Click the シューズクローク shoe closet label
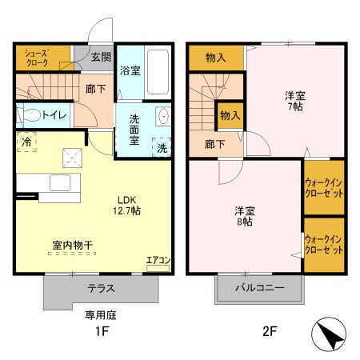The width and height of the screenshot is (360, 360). point(37,57)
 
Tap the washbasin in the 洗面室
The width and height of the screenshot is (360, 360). point(163,116)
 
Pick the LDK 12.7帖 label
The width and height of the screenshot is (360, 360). point(128,205)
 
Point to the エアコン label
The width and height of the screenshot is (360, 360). point(158,260)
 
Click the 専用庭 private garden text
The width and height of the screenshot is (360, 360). point(101,314)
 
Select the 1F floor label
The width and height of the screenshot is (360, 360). point(101,331)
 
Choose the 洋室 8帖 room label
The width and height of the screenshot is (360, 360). point(244,216)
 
